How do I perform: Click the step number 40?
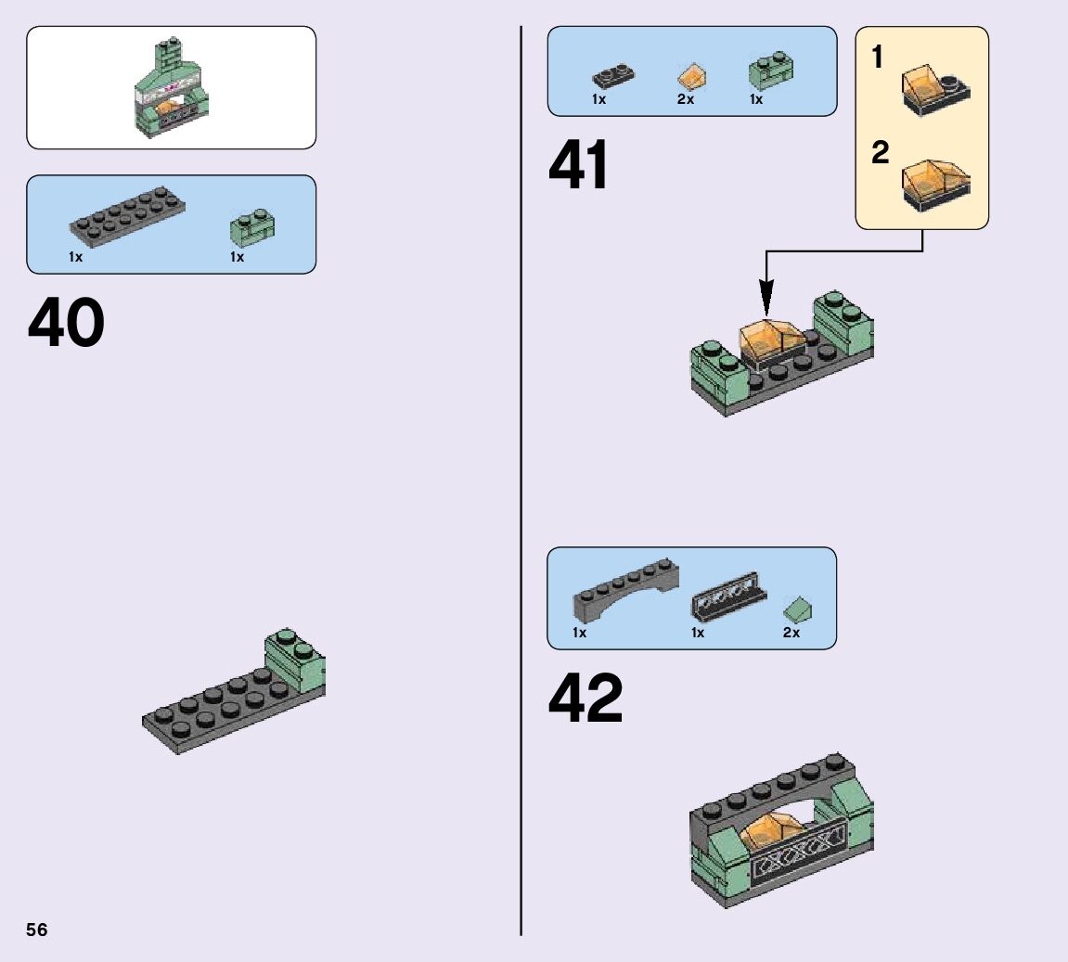coord(67,324)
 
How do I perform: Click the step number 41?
coord(579,167)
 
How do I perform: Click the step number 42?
coord(585,699)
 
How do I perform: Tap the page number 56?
coord(37,930)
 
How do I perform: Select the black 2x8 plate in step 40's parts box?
coord(128,214)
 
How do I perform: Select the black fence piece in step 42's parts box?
coord(728,598)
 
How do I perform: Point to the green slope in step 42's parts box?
coord(797,609)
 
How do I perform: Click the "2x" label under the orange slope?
coord(686,99)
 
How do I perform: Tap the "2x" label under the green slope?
coord(791,633)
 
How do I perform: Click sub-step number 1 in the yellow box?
coord(878,58)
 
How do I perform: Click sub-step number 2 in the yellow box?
coord(880,152)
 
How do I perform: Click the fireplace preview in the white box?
coord(171,86)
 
